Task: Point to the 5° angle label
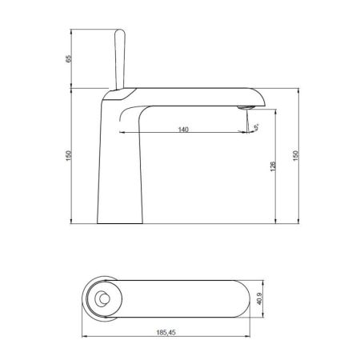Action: (257, 127)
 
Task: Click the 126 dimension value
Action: (273, 166)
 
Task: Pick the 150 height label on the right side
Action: (298, 154)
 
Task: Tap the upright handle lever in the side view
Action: (121, 56)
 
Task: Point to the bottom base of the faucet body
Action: (120, 222)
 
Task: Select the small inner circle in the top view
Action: (102, 300)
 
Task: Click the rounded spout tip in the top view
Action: (258, 300)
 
